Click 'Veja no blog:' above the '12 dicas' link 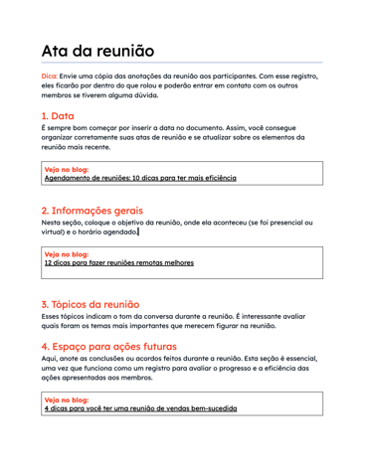point(68,254)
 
